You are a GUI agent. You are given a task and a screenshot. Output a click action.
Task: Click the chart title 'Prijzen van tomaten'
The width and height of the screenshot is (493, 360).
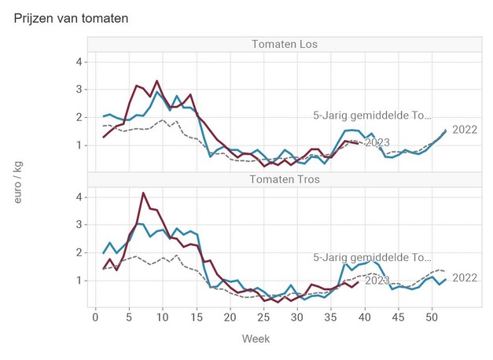pos(72,17)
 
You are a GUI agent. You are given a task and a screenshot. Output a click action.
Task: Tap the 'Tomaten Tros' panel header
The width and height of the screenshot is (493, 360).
pos(284,178)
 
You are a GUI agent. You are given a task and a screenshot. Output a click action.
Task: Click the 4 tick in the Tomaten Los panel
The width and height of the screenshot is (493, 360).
pos(79,61)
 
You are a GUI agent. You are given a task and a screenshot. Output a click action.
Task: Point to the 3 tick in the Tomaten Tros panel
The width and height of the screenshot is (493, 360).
pos(79,224)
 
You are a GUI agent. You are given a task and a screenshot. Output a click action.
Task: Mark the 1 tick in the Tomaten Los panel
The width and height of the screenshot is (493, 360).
pos(79,145)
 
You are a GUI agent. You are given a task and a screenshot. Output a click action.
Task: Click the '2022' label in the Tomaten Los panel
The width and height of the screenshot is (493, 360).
pos(465,130)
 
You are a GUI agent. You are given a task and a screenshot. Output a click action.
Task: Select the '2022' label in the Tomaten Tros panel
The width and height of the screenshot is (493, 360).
pos(465,277)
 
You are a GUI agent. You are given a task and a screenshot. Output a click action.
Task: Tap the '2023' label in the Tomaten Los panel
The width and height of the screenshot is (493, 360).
pos(377,142)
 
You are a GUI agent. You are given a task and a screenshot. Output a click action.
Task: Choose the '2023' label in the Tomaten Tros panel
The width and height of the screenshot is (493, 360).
pos(377,280)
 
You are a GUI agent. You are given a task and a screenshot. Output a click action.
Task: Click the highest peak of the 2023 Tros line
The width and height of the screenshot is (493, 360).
pos(143,193)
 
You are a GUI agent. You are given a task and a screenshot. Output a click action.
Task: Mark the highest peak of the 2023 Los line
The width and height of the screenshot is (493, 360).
pos(156,81)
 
